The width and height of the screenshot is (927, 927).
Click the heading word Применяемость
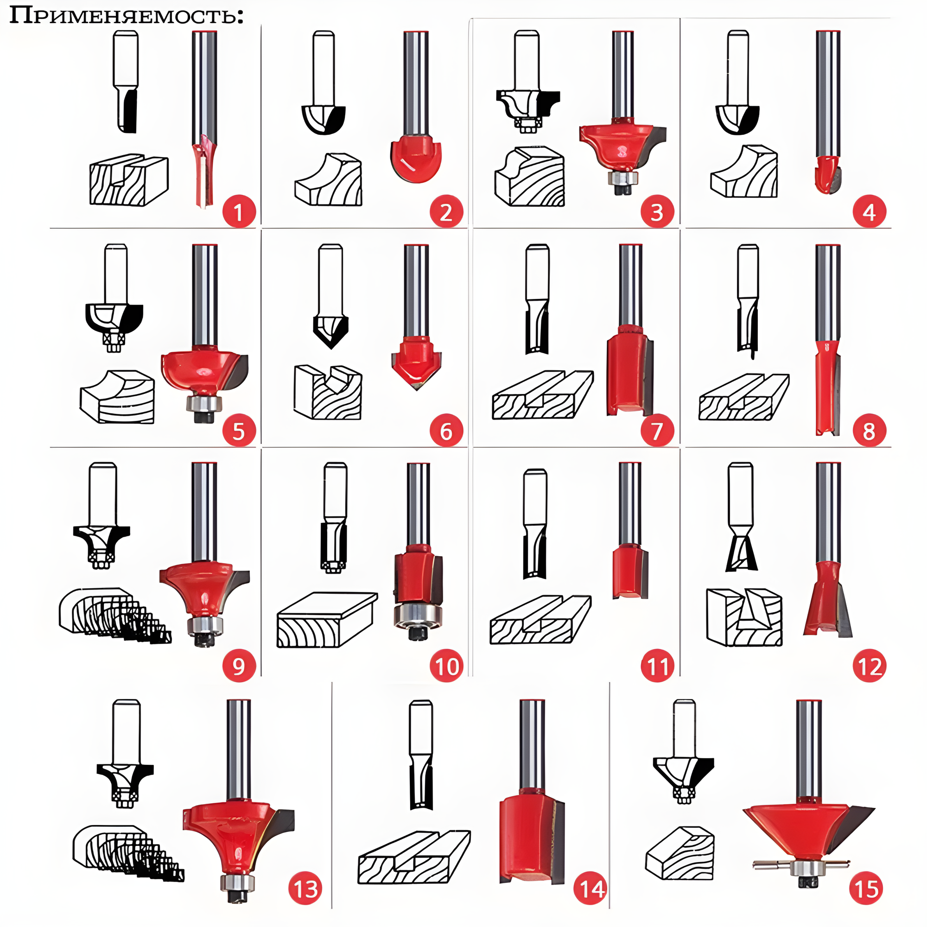pos(126,15)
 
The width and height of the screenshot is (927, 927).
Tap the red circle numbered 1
pos(238,212)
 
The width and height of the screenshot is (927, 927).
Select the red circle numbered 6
pos(446,431)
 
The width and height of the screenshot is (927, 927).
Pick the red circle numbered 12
pos(869,666)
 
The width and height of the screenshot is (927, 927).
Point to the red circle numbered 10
pos(446,666)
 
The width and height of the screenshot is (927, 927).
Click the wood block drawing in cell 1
pos(128,180)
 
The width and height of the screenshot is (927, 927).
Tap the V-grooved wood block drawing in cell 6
pos(328,392)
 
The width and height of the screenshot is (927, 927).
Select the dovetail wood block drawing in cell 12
pos(744,617)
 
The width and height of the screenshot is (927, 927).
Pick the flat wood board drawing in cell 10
pos(326,620)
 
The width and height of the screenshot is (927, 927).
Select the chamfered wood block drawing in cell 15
pos(679,854)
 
